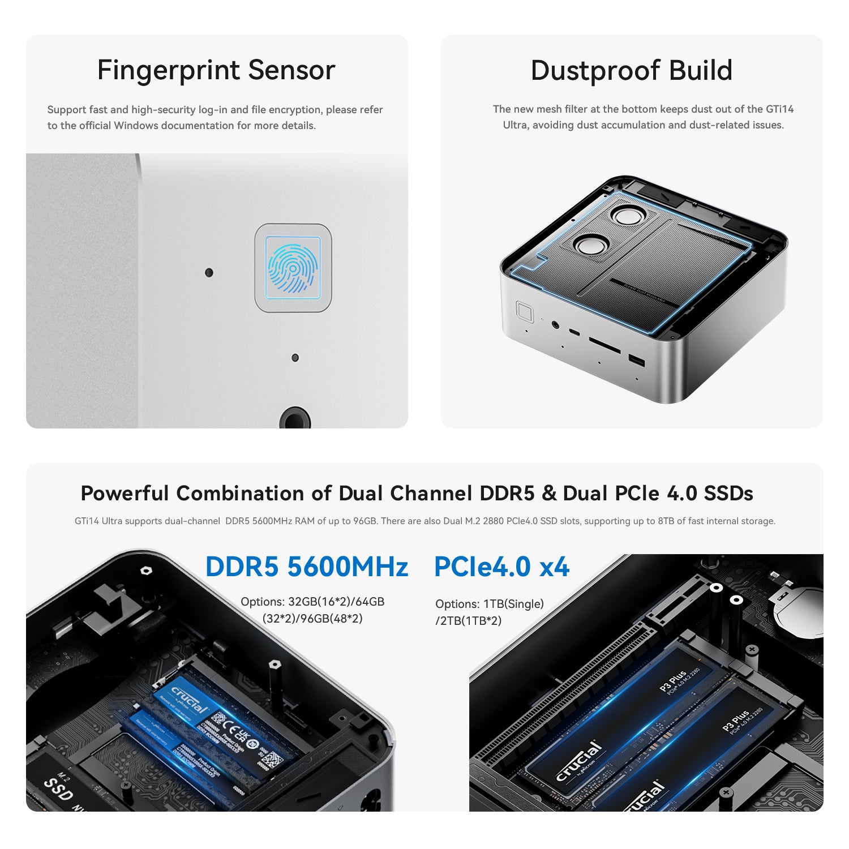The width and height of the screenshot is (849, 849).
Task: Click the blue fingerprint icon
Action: [x=293, y=268]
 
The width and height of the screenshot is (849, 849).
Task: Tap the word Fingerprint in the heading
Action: [x=168, y=71]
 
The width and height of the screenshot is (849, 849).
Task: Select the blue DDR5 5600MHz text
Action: [x=306, y=567]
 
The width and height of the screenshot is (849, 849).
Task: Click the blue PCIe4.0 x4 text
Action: [x=501, y=567]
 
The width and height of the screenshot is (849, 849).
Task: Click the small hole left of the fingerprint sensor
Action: [x=209, y=273]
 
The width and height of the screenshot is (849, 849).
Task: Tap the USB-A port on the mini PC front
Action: [x=636, y=360]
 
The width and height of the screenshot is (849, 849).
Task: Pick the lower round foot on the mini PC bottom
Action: [x=591, y=246]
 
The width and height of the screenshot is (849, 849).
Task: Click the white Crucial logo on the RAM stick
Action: [x=190, y=700]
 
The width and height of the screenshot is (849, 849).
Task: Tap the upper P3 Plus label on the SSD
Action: [x=674, y=681]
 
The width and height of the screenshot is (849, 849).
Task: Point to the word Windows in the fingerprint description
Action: [x=136, y=126]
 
